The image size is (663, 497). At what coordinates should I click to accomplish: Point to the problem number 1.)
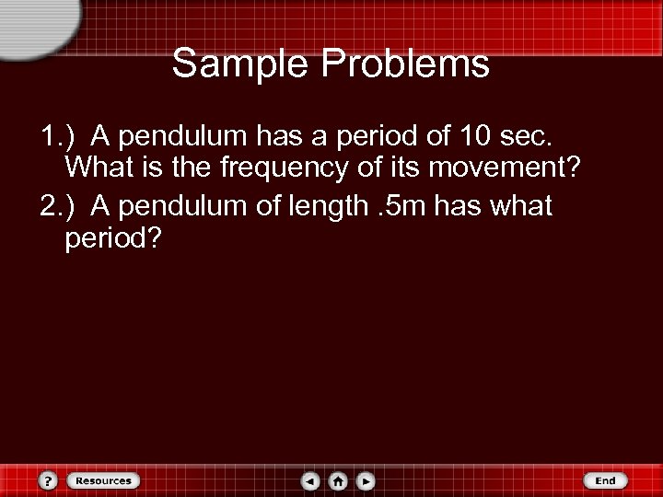click(59, 137)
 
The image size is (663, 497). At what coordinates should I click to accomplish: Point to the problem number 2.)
click(59, 206)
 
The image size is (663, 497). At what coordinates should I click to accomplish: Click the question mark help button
click(51, 480)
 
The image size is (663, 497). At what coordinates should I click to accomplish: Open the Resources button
click(102, 480)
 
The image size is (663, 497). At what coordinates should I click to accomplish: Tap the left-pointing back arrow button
click(311, 480)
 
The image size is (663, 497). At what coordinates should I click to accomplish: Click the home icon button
click(339, 480)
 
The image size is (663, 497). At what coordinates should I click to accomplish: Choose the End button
click(605, 480)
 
